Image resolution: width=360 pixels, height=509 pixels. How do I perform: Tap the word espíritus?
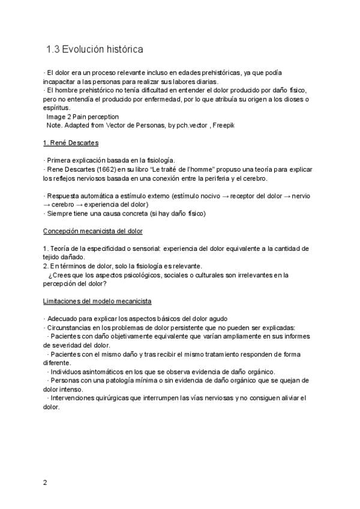click(57, 107)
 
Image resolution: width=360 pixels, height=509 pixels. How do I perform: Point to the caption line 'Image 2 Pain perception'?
click(82, 116)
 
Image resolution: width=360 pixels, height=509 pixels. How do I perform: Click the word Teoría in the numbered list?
click(62, 248)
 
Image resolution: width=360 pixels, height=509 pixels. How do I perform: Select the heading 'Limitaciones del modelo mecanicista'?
click(97, 301)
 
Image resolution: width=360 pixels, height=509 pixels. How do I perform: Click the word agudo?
click(217, 319)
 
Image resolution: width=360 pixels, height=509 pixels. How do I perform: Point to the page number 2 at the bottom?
click(45, 482)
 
